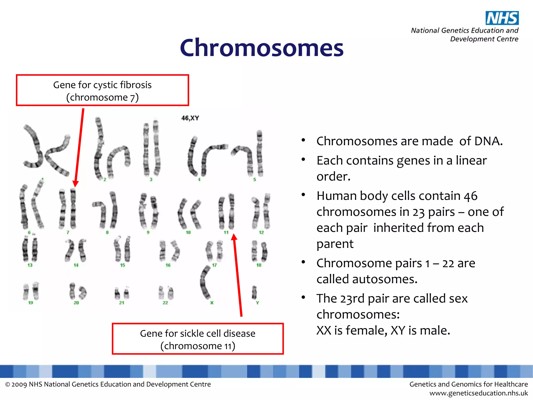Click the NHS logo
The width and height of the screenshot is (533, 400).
502,18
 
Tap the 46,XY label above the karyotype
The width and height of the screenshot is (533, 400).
190,118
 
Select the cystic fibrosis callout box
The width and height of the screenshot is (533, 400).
102,90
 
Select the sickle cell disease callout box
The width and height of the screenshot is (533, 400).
198,339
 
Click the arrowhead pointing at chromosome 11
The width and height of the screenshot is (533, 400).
234,237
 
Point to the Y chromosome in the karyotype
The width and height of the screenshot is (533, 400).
254,292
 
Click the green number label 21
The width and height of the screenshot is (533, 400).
122,303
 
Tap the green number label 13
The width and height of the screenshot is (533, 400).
30,265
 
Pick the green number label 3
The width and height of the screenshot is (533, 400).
151,180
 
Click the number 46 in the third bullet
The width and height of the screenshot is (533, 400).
471,196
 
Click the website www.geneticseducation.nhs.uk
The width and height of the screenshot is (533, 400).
478,393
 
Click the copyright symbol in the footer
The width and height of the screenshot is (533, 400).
8,385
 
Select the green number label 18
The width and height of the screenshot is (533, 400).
259,265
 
